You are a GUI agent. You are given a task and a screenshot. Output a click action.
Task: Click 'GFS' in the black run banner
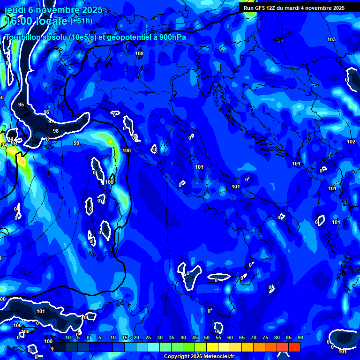coord(262,8)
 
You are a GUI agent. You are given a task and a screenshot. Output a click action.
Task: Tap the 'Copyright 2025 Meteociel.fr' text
coord(199,357)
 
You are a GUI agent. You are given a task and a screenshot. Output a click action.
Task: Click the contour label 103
coord(331,39)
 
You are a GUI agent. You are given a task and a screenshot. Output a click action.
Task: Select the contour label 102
coord(351,142)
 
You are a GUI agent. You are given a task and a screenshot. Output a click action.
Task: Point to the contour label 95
coord(21,105)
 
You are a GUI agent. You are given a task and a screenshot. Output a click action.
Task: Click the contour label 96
coord(46,112)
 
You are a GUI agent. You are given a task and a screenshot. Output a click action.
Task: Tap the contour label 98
coord(56,131)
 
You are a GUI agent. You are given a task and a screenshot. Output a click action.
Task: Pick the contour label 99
coord(76,143)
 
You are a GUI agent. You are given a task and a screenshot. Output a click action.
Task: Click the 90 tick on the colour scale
coord(300,338)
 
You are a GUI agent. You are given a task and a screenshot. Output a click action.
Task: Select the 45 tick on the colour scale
coord(195,338)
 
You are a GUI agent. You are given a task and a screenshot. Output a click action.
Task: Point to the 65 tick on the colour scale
coord(241,338)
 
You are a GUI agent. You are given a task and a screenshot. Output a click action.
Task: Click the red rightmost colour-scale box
coord(294,347)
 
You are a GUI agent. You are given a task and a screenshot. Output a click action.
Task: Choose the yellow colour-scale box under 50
coord(212,347)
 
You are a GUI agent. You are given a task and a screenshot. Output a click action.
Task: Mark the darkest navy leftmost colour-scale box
coord(60,347)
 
